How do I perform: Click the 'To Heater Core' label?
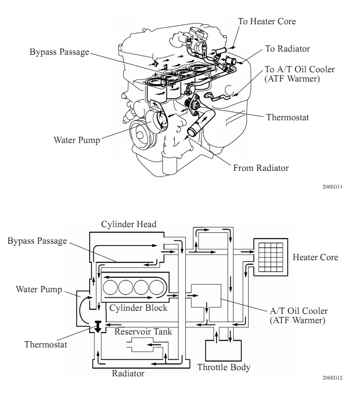(x=267, y=21)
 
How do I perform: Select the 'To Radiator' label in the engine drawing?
(x=287, y=49)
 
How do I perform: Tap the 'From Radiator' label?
(x=261, y=168)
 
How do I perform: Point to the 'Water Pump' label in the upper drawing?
(x=77, y=140)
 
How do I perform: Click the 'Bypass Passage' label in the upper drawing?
(x=59, y=52)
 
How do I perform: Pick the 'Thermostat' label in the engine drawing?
(x=287, y=117)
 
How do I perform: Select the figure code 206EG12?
(x=333, y=378)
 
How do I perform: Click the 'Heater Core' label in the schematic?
(x=315, y=257)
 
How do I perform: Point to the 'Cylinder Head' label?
(x=128, y=224)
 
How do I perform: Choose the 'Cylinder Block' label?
(x=138, y=308)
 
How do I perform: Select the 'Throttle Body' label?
(x=224, y=368)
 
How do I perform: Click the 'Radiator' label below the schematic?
(x=128, y=373)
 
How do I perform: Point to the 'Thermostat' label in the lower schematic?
(x=46, y=344)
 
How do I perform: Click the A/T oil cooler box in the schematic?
(x=206, y=297)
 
